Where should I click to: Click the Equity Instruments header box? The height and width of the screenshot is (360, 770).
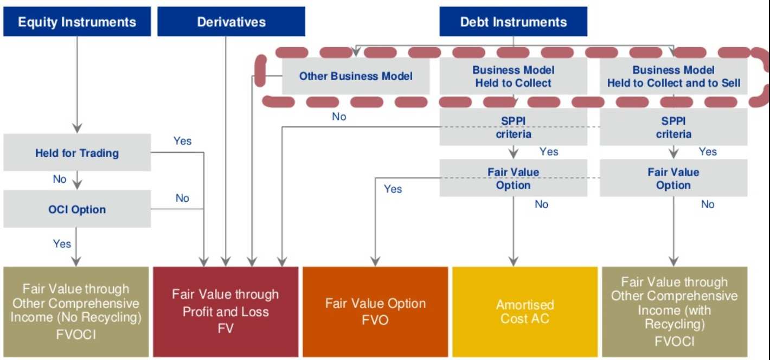click(77, 22)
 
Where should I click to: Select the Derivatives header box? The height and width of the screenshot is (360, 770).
click(231, 22)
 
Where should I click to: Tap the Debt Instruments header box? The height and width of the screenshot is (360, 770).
click(513, 22)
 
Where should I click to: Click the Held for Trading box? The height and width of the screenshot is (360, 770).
click(77, 153)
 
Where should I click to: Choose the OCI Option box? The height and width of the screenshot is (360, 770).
click(77, 209)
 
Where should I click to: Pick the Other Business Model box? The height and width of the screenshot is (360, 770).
click(356, 76)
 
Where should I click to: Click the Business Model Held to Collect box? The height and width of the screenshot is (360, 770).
click(513, 76)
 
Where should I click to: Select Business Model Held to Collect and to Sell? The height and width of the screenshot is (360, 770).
click(673, 76)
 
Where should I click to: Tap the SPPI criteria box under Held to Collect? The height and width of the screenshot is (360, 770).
click(513, 127)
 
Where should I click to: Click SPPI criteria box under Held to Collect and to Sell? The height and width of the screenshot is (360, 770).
click(673, 127)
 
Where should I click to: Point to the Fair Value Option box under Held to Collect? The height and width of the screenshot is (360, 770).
click(513, 178)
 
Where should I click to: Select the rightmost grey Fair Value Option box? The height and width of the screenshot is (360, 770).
click(673, 178)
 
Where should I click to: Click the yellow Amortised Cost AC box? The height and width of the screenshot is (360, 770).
click(524, 312)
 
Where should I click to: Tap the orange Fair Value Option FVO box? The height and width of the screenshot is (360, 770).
click(375, 312)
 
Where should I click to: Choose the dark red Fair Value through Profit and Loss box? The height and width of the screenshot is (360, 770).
click(226, 312)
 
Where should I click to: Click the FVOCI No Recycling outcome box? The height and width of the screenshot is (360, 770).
click(76, 312)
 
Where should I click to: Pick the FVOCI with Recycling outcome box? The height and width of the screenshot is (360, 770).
click(674, 312)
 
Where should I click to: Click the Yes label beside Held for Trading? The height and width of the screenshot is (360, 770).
click(182, 141)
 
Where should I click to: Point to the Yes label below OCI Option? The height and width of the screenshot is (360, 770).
click(62, 244)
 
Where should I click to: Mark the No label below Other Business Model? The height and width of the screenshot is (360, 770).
click(339, 117)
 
